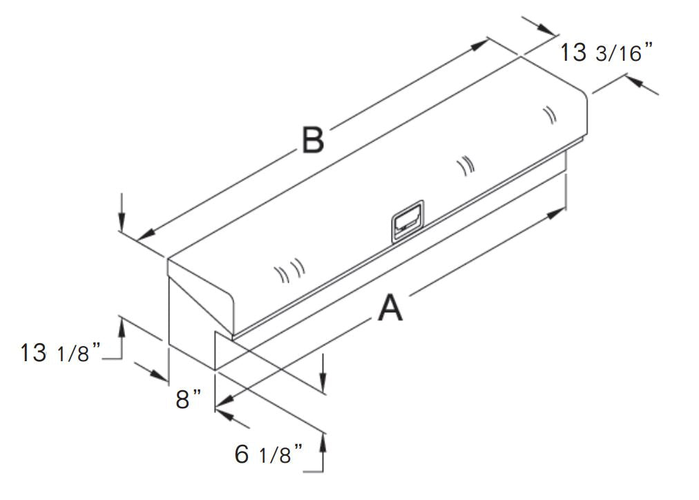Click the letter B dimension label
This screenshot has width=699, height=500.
click(313, 140)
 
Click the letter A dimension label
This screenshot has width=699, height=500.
click(390, 308)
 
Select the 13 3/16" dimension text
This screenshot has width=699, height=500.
click(606, 52)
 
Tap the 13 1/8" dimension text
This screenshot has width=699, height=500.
click(61, 353)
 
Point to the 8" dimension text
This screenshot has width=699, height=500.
click(189, 399)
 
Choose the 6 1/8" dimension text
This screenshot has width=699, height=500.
click(269, 454)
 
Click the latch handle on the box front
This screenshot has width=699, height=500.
click(407, 222)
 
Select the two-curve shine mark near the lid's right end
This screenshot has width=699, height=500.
click(550, 114)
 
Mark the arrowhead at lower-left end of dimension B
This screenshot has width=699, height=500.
click(145, 235)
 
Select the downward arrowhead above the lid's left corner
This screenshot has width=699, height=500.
click(122, 224)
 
